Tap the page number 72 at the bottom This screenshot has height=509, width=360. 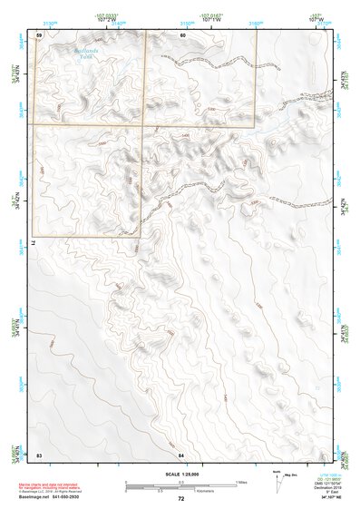click(180, 499)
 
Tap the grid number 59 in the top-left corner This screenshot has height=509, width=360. click(39, 34)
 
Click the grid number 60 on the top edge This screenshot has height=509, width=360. click(182, 34)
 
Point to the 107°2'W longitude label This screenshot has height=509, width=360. click(110, 18)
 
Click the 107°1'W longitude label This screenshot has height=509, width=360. click(213, 18)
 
